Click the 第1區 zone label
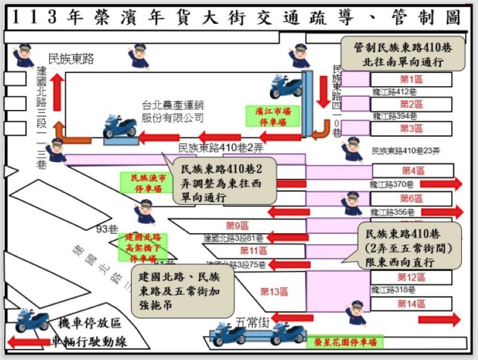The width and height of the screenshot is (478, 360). (412, 80)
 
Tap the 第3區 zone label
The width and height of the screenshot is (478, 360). (412, 129)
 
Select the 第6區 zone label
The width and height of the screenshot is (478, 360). (412, 199)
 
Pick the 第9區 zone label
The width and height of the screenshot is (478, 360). (237, 225)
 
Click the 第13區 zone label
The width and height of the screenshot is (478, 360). (274, 292)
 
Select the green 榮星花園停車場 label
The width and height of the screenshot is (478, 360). (345, 343)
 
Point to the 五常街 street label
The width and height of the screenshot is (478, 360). (253, 322)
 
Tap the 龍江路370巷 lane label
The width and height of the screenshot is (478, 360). (393, 184)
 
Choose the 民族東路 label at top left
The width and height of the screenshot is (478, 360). (72, 59)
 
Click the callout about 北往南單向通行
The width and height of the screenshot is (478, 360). (402, 54)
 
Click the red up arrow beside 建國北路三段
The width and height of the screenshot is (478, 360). (57, 93)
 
